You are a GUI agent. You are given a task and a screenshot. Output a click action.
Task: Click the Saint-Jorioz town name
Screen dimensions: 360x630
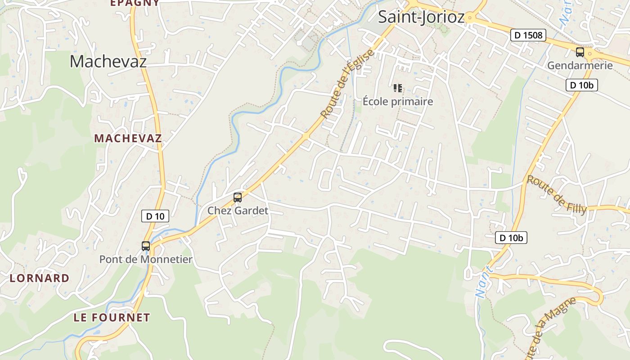tap(421, 17)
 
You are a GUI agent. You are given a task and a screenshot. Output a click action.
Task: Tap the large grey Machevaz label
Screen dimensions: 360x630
tap(108, 61)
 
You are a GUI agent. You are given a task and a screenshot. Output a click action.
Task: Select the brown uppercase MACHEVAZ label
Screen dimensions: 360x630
tap(128, 138)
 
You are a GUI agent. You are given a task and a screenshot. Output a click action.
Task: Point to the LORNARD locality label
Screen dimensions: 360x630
tap(40, 278)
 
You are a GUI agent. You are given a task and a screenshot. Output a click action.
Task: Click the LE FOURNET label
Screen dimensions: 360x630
tap(112, 318)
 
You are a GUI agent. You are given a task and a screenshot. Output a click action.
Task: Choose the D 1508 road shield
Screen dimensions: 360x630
tap(528, 35)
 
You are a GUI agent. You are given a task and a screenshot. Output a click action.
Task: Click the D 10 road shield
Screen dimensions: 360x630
tap(155, 216)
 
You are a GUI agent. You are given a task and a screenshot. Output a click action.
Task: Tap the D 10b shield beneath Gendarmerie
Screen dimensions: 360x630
tap(581, 85)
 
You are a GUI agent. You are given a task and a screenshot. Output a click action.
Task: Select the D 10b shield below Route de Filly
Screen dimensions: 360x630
tap(511, 238)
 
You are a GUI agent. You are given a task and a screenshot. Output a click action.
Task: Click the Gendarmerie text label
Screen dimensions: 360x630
tap(580, 66)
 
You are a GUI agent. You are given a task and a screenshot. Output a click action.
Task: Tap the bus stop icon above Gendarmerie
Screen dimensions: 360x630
tap(580, 52)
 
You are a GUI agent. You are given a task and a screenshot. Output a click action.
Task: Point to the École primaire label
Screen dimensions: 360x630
tap(398, 102)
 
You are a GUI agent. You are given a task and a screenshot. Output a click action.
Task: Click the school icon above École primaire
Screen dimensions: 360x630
tap(397, 88)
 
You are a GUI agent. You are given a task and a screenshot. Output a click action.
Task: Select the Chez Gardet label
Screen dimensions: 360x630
tap(238, 211)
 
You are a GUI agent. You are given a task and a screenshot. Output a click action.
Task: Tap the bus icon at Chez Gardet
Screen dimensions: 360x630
tap(237, 197)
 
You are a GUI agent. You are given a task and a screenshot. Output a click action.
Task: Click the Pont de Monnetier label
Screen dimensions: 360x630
tap(145, 260)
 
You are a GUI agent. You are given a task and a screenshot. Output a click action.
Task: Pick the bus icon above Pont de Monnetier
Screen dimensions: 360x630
tap(145, 246)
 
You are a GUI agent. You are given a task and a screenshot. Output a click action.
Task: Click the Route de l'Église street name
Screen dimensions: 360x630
tap(347, 84)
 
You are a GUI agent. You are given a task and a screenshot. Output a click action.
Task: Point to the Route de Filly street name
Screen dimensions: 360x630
tap(557, 195)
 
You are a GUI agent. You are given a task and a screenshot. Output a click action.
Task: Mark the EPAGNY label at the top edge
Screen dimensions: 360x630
tap(135, 3)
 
